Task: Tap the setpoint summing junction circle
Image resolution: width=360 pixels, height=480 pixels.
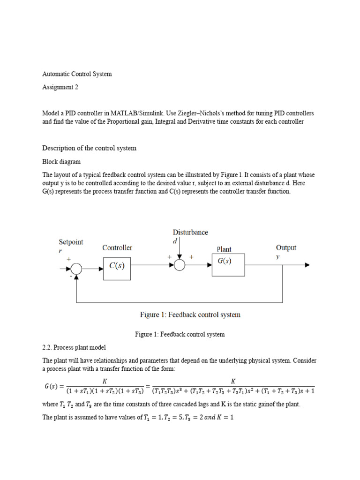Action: click(76, 269)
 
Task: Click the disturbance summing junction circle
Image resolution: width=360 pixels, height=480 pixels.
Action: click(180, 265)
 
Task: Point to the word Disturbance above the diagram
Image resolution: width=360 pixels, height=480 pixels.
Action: click(190, 232)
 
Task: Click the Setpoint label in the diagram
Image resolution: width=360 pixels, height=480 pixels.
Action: click(71, 242)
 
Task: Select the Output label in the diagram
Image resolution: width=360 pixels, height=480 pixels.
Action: click(286, 247)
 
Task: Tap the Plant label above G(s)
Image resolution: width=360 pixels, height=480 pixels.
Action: click(224, 249)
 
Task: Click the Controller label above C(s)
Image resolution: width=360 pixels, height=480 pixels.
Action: click(117, 247)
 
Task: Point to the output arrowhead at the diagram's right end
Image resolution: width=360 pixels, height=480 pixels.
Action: click(307, 265)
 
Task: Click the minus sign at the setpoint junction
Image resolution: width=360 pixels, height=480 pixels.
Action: click(71, 277)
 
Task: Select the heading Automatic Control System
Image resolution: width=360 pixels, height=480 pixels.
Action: click(77, 74)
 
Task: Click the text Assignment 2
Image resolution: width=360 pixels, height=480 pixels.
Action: click(58, 87)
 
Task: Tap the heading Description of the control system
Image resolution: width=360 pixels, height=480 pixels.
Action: click(89, 148)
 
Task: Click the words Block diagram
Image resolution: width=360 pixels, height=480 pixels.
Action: click(61, 162)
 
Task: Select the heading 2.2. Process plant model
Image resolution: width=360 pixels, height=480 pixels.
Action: click(74, 347)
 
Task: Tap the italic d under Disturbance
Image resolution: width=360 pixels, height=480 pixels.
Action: click(174, 241)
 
